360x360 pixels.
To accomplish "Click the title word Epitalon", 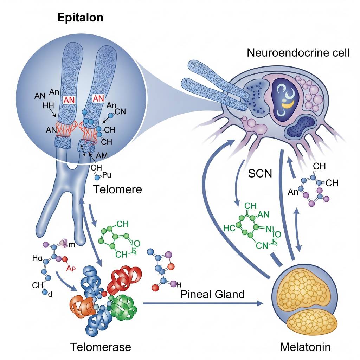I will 81,18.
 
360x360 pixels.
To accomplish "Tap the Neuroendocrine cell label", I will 298,53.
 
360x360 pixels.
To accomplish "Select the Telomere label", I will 117,189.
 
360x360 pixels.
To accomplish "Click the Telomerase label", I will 101,347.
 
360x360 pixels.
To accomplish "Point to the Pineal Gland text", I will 212,294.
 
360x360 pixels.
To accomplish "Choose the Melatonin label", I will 305,347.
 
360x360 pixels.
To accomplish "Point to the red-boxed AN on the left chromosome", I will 71,100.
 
